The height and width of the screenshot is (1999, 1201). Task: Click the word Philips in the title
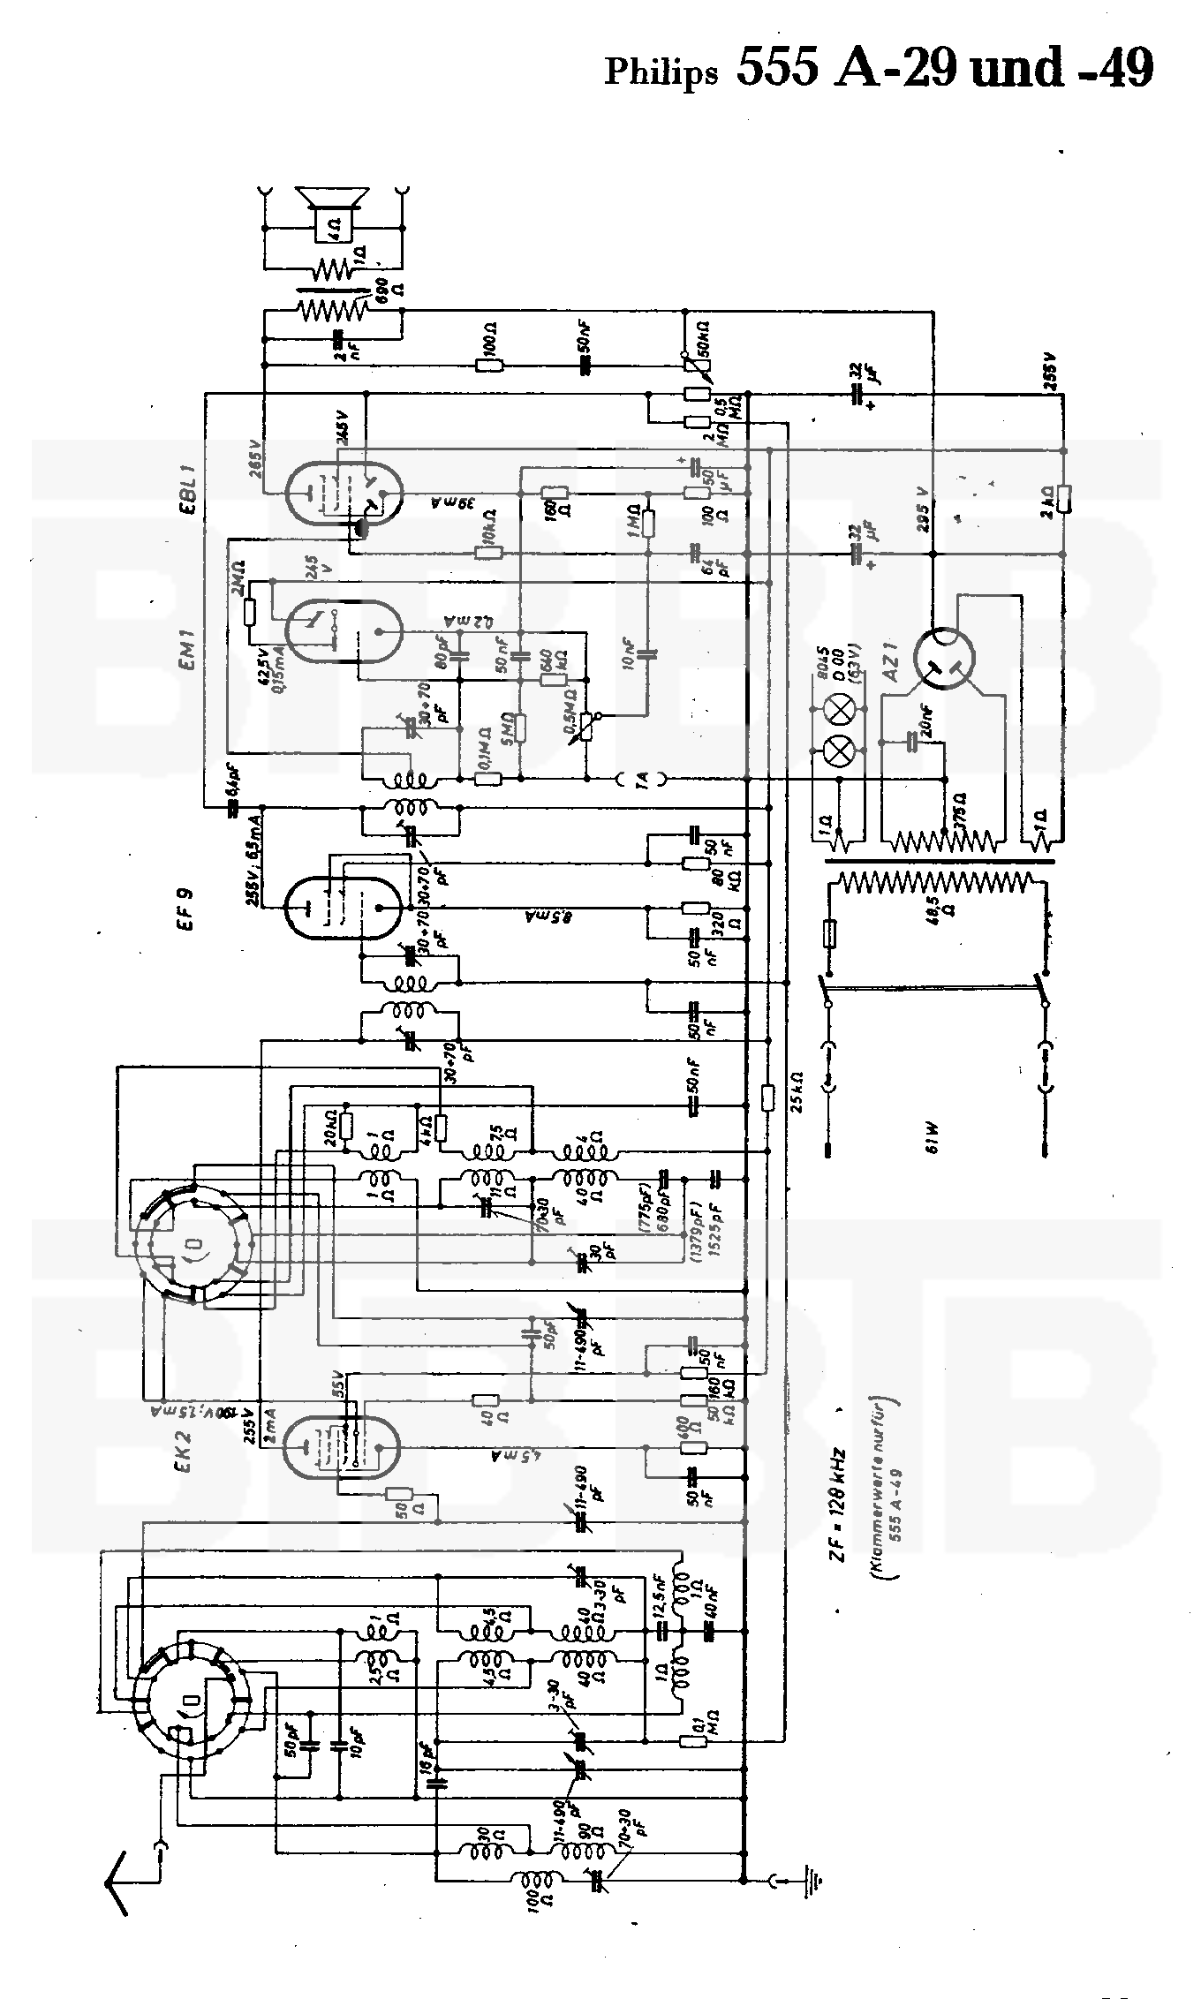(x=661, y=72)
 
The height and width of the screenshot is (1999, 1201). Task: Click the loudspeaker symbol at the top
(x=332, y=210)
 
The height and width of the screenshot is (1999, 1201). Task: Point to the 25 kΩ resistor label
(x=797, y=1093)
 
